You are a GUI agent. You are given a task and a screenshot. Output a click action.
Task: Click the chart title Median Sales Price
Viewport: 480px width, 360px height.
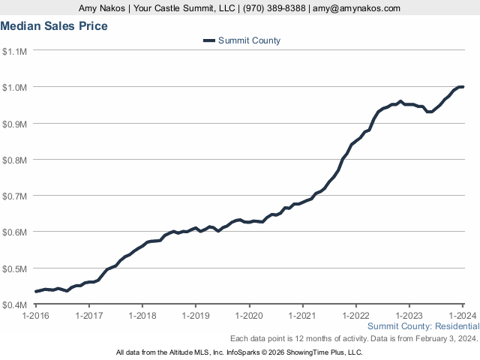[x=54, y=26]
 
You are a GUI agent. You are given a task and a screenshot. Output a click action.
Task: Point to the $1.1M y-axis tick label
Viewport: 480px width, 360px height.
[x=15, y=51]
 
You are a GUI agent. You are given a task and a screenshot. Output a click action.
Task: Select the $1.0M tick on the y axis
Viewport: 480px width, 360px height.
[x=15, y=87]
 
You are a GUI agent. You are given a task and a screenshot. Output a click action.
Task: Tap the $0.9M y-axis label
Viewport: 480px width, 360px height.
[x=15, y=123]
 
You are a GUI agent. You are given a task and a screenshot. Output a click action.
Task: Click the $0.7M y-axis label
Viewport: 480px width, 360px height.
[x=15, y=196]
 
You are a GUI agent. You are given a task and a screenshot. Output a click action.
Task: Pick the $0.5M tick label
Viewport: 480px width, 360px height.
[x=15, y=268]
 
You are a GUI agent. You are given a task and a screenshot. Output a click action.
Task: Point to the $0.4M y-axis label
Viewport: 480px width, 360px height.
[x=15, y=304]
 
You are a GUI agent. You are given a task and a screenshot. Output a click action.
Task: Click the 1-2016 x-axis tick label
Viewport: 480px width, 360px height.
[x=36, y=316]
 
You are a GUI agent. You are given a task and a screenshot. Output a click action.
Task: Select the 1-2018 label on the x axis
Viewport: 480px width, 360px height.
[x=142, y=316]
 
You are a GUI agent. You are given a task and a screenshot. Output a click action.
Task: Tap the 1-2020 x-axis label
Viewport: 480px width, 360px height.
[x=249, y=316]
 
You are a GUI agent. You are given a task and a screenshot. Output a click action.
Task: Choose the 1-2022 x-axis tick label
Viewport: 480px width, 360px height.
[x=355, y=316]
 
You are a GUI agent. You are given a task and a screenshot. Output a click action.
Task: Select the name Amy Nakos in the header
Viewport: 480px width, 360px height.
[x=103, y=8]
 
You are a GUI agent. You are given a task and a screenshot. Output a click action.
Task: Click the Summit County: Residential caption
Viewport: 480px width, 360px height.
[x=423, y=327]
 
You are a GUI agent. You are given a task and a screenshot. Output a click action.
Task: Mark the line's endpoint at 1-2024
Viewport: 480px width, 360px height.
[x=462, y=87]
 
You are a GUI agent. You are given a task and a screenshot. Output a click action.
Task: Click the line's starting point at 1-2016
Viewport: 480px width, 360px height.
[x=36, y=292]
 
